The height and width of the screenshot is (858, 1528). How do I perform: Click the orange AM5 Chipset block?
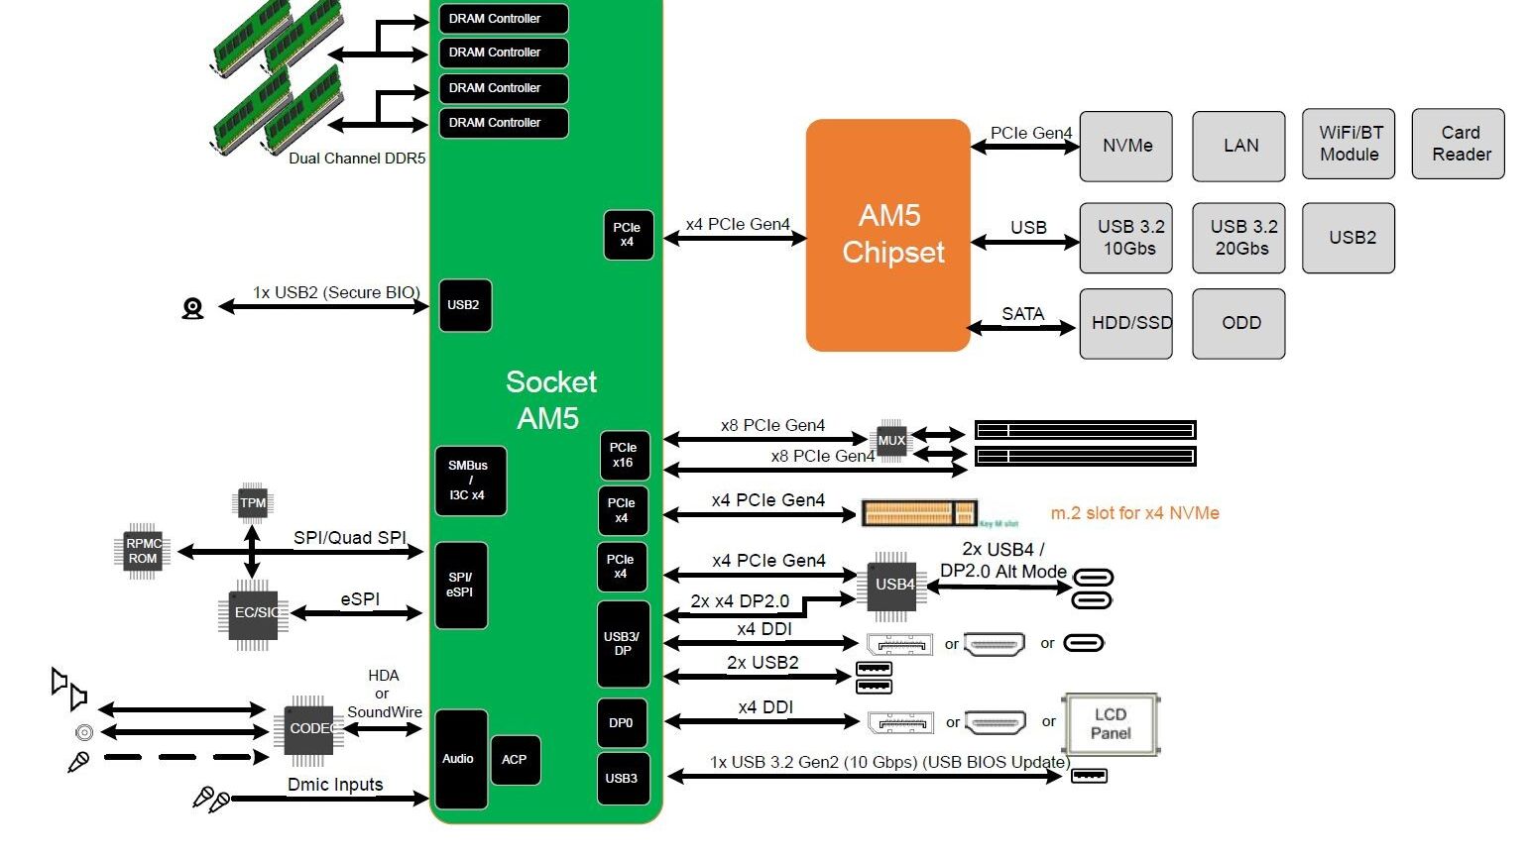point(887,235)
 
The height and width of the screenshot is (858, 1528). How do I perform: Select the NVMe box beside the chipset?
point(1125,146)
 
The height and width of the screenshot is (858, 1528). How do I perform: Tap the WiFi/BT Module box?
point(1349,144)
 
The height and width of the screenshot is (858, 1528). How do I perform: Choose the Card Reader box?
point(1459,144)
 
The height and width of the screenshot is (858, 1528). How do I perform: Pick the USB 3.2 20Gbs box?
point(1238,238)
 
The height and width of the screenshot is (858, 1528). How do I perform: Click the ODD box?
point(1238,323)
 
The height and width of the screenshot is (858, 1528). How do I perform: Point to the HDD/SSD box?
point(1125,323)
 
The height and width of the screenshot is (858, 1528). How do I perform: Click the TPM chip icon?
point(253,503)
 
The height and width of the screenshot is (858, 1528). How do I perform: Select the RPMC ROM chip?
point(143,551)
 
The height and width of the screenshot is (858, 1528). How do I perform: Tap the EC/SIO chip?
point(253,613)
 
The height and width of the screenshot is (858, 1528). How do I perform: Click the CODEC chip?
point(308,729)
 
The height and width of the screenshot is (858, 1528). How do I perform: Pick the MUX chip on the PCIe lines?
point(890,441)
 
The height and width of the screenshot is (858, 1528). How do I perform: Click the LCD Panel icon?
point(1111,724)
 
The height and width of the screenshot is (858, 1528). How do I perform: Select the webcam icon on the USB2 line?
point(192,309)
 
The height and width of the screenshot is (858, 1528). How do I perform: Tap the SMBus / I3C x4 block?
point(470,481)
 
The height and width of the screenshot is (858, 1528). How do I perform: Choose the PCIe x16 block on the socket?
point(625,456)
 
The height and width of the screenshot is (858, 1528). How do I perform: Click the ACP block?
point(515,760)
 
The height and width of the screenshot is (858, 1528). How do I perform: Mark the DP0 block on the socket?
point(622,723)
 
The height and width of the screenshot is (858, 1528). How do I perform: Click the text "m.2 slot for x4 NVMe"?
point(1134,513)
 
